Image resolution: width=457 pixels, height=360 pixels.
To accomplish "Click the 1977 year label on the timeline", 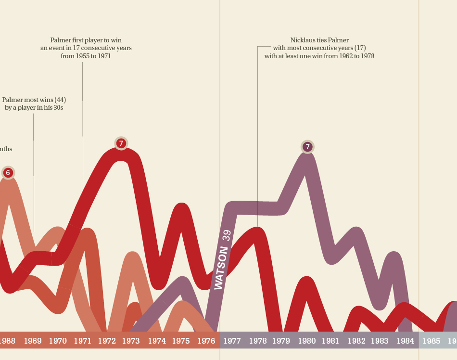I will [232, 341].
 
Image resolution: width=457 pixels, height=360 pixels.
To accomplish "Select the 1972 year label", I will [107, 341].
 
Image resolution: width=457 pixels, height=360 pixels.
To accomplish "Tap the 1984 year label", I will [406, 341].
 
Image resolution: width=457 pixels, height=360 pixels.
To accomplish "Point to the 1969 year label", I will [33, 341].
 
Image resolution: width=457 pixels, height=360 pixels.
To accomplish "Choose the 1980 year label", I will [307, 341].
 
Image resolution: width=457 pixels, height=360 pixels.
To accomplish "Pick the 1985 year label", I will [431, 341].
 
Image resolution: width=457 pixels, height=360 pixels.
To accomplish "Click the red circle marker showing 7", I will [121, 143].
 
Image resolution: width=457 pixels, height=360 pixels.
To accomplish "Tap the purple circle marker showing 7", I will [307, 147].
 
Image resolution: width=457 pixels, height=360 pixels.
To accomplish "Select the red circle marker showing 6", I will [8, 172].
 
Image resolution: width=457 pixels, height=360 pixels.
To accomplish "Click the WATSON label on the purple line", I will [221, 268].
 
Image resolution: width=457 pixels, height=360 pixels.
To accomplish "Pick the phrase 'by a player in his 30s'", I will [34, 108].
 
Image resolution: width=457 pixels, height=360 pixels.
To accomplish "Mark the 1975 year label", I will [181, 341].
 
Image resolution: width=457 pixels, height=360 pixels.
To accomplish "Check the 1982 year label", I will [356, 341].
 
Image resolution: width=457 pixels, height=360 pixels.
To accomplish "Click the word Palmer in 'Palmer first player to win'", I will [60, 40].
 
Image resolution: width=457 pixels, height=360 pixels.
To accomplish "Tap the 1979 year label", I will [281, 341].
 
